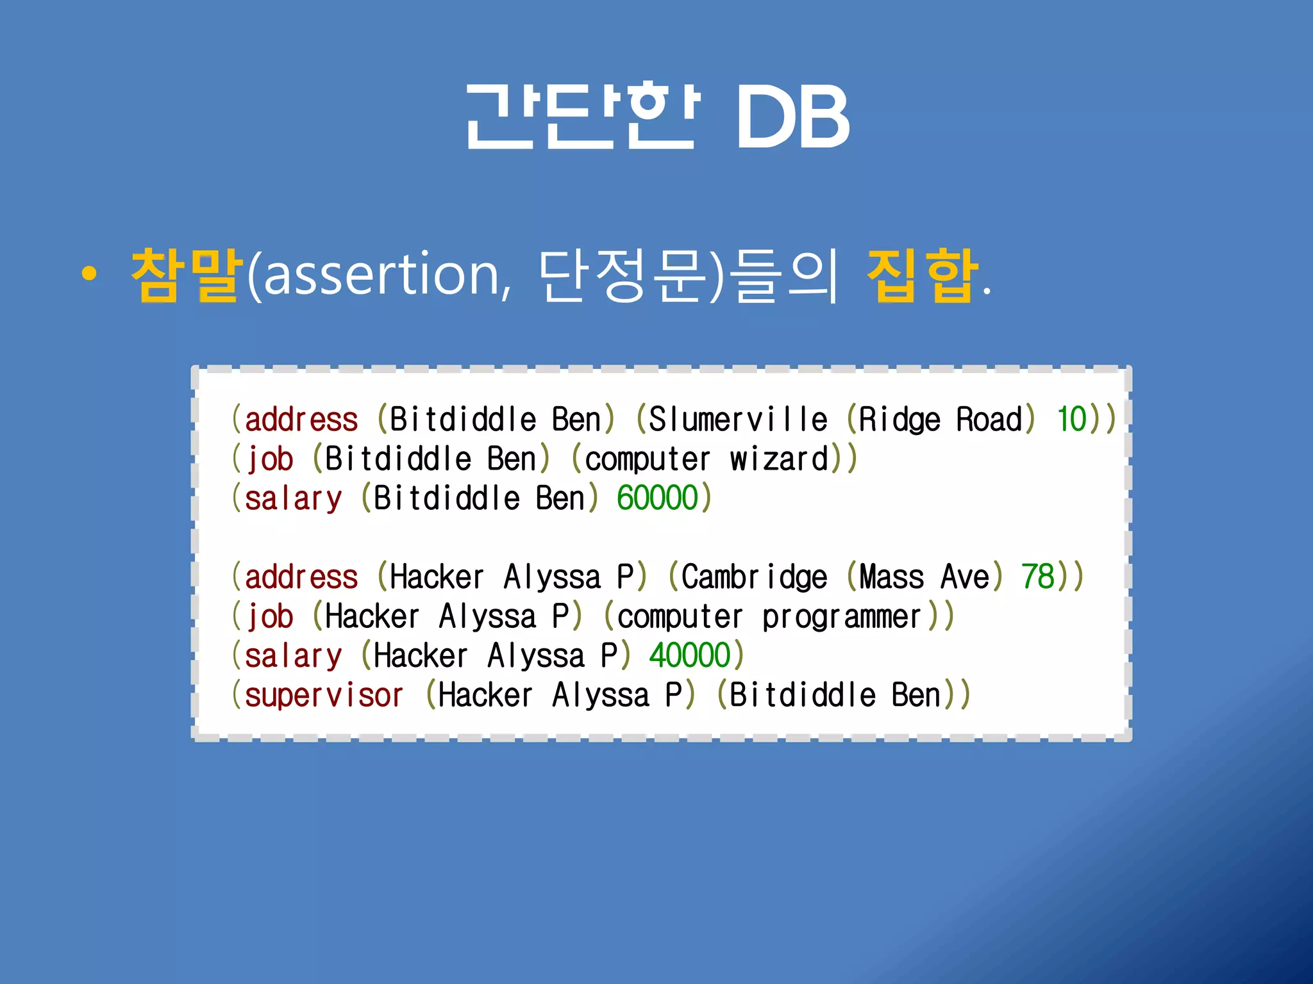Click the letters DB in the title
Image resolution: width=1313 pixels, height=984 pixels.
point(792,117)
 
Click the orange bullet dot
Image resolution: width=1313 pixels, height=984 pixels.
point(89,274)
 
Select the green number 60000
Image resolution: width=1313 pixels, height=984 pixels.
point(657,498)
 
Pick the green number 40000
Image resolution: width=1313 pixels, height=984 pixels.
point(690,655)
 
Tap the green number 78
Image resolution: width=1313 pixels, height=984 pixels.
point(1038,577)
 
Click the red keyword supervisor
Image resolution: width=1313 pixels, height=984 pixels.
point(324,696)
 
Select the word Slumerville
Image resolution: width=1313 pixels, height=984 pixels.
point(738,420)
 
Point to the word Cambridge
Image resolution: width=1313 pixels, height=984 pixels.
point(754,577)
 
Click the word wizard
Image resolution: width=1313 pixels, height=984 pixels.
point(779,459)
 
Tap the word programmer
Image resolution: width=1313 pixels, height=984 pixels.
point(841,617)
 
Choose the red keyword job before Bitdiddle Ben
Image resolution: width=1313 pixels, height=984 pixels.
point(270,459)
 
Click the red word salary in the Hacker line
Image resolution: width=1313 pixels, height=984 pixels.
point(293,656)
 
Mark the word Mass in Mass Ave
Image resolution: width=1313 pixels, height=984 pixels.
point(891,577)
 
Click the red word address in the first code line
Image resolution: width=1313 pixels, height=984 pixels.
point(301,420)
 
